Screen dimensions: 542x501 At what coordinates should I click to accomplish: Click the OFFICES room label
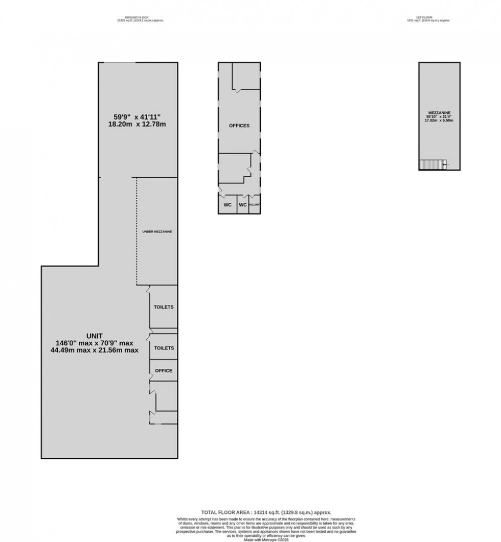point(239,126)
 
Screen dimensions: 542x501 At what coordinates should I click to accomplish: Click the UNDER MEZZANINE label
point(156,232)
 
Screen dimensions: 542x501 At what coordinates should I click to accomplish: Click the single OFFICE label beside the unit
point(164,371)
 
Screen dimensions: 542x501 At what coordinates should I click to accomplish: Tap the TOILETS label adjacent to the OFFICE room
point(164,348)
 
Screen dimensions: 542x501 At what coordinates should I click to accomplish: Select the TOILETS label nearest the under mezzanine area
point(164,307)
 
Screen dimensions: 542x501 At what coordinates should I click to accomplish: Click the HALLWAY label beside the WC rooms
point(255,205)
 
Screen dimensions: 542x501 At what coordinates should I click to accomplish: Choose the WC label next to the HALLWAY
point(243,205)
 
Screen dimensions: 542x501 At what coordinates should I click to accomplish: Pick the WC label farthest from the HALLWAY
point(227,205)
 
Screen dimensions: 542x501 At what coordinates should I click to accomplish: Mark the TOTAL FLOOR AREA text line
point(265,512)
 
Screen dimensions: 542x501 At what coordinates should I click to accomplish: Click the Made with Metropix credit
point(265,539)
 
